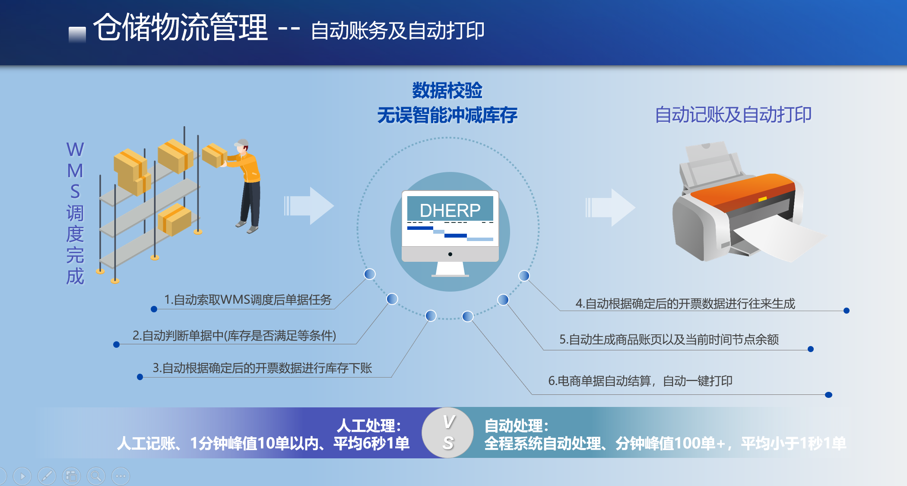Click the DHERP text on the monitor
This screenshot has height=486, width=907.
[450, 210]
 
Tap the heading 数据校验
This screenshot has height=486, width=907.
[447, 91]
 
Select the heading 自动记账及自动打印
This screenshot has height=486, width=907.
[733, 115]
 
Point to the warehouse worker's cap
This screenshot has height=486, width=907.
[242, 143]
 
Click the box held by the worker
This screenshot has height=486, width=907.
[214, 155]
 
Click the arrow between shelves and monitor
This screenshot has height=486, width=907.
[309, 206]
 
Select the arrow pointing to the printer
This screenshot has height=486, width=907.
[610, 207]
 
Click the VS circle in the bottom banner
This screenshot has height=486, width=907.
[448, 432]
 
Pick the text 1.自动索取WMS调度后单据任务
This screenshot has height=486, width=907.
[248, 299]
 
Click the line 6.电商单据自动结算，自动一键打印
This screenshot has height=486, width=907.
[641, 381]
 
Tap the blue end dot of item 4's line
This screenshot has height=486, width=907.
[847, 311]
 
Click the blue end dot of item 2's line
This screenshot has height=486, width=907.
[116, 344]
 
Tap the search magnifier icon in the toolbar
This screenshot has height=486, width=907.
[96, 476]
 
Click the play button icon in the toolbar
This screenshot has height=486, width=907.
[22, 476]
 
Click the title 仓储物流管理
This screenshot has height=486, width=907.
[181, 27]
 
